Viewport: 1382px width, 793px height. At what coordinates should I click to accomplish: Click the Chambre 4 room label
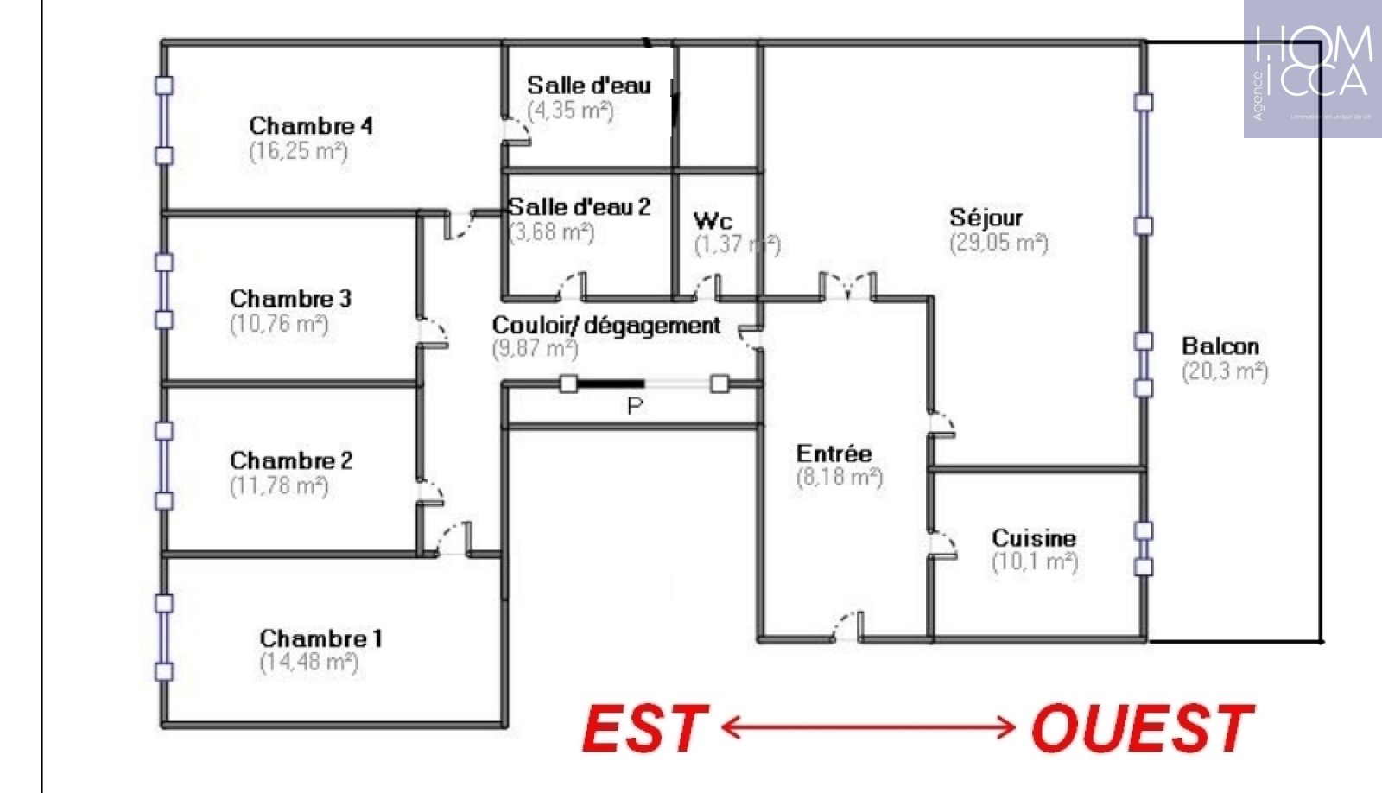pyautogui.click(x=311, y=126)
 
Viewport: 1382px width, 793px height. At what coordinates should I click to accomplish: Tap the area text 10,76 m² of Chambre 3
pyautogui.click(x=279, y=324)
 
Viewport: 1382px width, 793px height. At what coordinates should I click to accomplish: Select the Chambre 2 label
pyautogui.click(x=291, y=460)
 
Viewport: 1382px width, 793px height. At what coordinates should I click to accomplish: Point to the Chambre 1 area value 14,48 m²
pyautogui.click(x=308, y=663)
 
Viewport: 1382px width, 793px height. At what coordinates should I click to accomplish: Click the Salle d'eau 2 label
pyautogui.click(x=579, y=207)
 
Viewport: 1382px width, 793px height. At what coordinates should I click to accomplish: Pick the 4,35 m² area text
pyautogui.click(x=570, y=111)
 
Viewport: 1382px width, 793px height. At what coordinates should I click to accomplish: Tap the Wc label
pyautogui.click(x=713, y=221)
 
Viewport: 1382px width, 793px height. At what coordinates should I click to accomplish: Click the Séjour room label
pyautogui.click(x=986, y=218)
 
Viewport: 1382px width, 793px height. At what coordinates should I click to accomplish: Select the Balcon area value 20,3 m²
pyautogui.click(x=1225, y=371)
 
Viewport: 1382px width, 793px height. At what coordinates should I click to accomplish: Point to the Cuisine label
pyautogui.click(x=1034, y=538)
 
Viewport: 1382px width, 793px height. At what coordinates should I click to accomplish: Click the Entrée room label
pyautogui.click(x=834, y=454)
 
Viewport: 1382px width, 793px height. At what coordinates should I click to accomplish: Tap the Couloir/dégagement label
pyautogui.click(x=605, y=326)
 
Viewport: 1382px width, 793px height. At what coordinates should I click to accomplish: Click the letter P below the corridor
pyautogui.click(x=635, y=405)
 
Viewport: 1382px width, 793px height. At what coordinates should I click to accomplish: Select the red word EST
pyautogui.click(x=645, y=728)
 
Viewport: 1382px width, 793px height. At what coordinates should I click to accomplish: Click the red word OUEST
pyautogui.click(x=1142, y=728)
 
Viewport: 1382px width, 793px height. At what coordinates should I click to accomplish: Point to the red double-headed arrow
pyautogui.click(x=868, y=727)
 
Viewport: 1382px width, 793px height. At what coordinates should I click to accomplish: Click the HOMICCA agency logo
pyautogui.click(x=1312, y=69)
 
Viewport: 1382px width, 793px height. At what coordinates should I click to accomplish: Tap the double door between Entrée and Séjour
pyautogui.click(x=847, y=287)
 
